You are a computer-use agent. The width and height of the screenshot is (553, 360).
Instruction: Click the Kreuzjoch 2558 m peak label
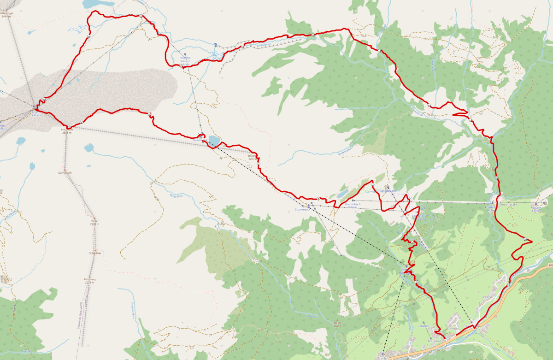67,131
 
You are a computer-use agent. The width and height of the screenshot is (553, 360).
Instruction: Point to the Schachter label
95,254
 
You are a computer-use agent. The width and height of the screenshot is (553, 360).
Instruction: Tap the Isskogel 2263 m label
252,157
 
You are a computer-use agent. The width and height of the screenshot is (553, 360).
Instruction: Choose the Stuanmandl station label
302,209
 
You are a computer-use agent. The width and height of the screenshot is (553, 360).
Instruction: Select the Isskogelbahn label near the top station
388,191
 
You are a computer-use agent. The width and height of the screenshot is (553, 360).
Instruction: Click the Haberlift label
423,325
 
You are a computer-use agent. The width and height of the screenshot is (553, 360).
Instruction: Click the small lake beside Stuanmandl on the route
214,140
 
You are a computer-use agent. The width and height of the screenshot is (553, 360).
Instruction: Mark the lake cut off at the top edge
98,3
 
